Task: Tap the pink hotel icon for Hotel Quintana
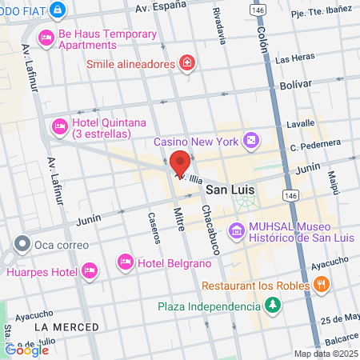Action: pos(59,126)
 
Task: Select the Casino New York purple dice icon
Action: pos(251,140)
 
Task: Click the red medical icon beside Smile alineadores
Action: pos(187,62)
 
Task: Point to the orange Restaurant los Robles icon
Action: pos(321,285)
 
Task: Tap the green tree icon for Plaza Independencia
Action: pos(273,305)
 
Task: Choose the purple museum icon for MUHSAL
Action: pos(236,232)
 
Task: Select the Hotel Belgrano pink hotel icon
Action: pos(125,262)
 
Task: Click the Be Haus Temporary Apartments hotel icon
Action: pos(46,37)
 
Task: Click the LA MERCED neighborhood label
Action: pos(66,326)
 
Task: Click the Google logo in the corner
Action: pos(26,349)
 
